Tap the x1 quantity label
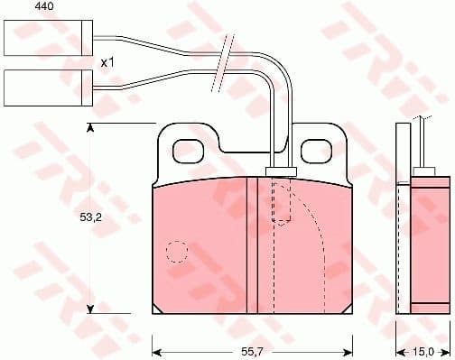[x=107, y=62]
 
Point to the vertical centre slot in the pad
[x=252, y=245]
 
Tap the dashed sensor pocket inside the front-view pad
[x=282, y=202]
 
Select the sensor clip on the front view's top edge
[x=280, y=171]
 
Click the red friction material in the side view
[x=428, y=244]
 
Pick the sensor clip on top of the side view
[x=422, y=169]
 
